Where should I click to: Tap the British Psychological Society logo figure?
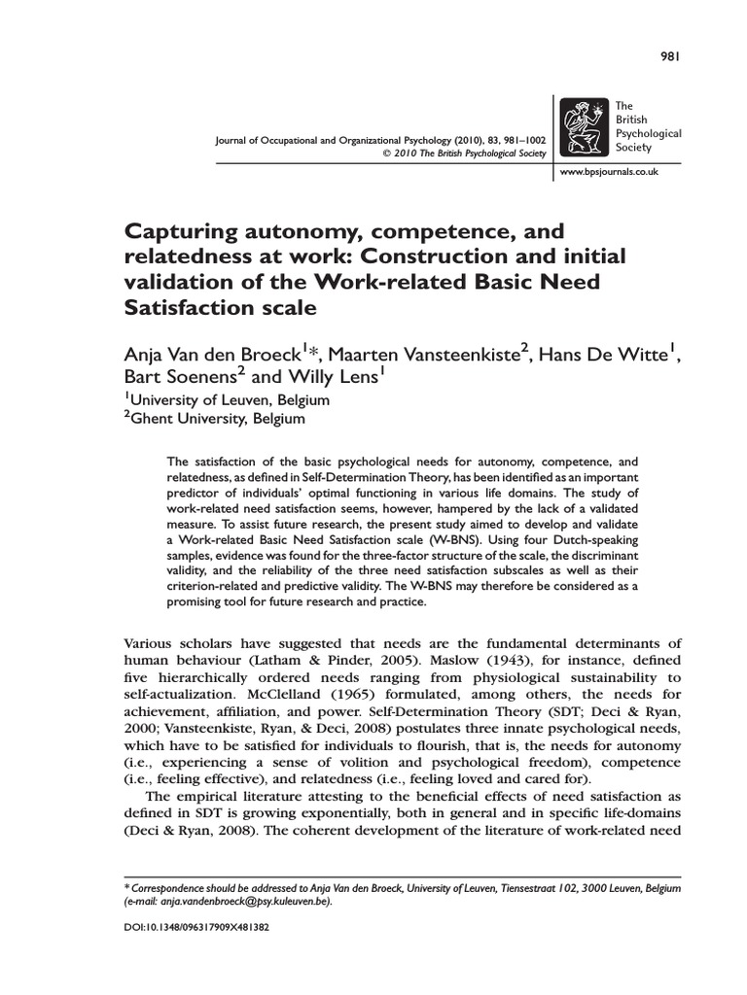[x=586, y=128]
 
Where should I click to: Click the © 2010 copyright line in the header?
[x=466, y=154]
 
